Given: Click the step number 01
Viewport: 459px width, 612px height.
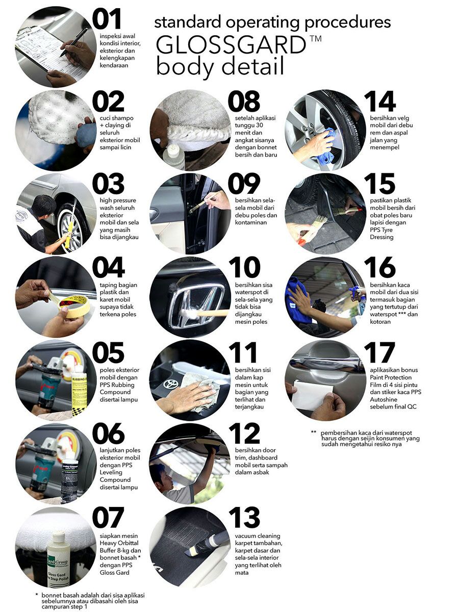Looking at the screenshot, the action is point(107,19).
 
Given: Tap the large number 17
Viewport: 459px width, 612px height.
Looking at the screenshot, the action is point(379,353).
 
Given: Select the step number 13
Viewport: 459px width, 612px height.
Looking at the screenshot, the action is point(244,517).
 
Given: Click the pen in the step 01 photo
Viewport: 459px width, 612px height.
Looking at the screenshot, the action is point(74,41).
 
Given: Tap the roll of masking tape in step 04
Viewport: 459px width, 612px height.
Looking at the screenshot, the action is point(73,307).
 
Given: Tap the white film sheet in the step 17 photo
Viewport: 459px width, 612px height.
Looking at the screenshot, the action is point(313,394).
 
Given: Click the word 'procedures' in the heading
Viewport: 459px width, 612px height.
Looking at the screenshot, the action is point(347,23).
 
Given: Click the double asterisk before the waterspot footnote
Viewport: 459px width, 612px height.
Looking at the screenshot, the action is point(314,432).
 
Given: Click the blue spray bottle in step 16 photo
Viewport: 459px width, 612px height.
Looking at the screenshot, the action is point(360,300).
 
